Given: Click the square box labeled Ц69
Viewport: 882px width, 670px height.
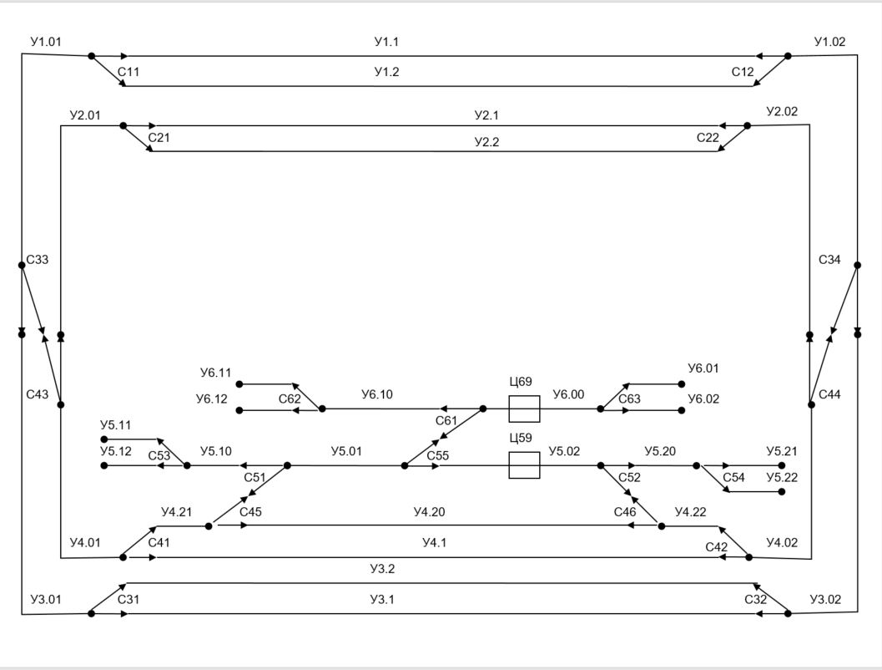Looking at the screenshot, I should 524,409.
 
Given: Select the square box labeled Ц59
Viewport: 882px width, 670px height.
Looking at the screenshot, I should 524,465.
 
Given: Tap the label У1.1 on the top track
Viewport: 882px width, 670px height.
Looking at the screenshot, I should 386,42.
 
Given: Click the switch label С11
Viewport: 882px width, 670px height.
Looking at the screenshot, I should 129,72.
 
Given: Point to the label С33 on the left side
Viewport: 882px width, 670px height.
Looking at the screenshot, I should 38,260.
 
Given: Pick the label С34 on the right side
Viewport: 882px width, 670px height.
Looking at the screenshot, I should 829,260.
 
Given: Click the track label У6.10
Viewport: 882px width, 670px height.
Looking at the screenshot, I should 378,394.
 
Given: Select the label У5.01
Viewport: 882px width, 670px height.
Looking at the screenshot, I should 346,451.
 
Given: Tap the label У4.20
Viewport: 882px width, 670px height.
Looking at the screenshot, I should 430,511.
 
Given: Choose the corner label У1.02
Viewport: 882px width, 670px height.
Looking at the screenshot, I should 829,42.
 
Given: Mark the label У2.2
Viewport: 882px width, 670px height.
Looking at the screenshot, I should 486,143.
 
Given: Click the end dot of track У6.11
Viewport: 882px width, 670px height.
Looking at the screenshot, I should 239,384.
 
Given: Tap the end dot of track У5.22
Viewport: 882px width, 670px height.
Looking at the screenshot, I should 782,492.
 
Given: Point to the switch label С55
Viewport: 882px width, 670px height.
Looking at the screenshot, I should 438,455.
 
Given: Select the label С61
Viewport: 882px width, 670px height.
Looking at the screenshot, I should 446,420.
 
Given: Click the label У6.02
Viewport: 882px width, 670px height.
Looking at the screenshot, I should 703,399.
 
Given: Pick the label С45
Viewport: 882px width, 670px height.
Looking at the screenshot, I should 250,511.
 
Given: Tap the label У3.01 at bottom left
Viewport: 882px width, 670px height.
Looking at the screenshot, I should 45,599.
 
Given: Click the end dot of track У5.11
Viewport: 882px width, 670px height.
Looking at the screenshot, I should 104,439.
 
